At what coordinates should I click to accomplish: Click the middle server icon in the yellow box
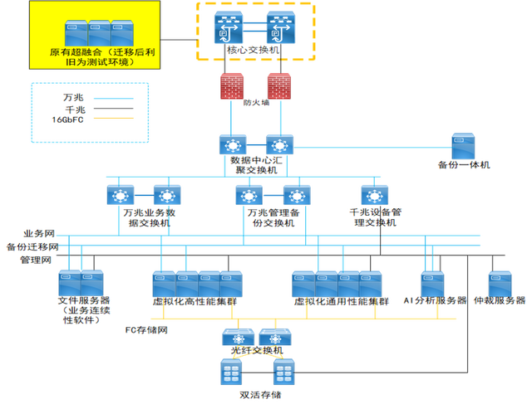98,34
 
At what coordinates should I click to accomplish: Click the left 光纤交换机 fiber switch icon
236,338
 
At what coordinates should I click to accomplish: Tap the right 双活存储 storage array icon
283,372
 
